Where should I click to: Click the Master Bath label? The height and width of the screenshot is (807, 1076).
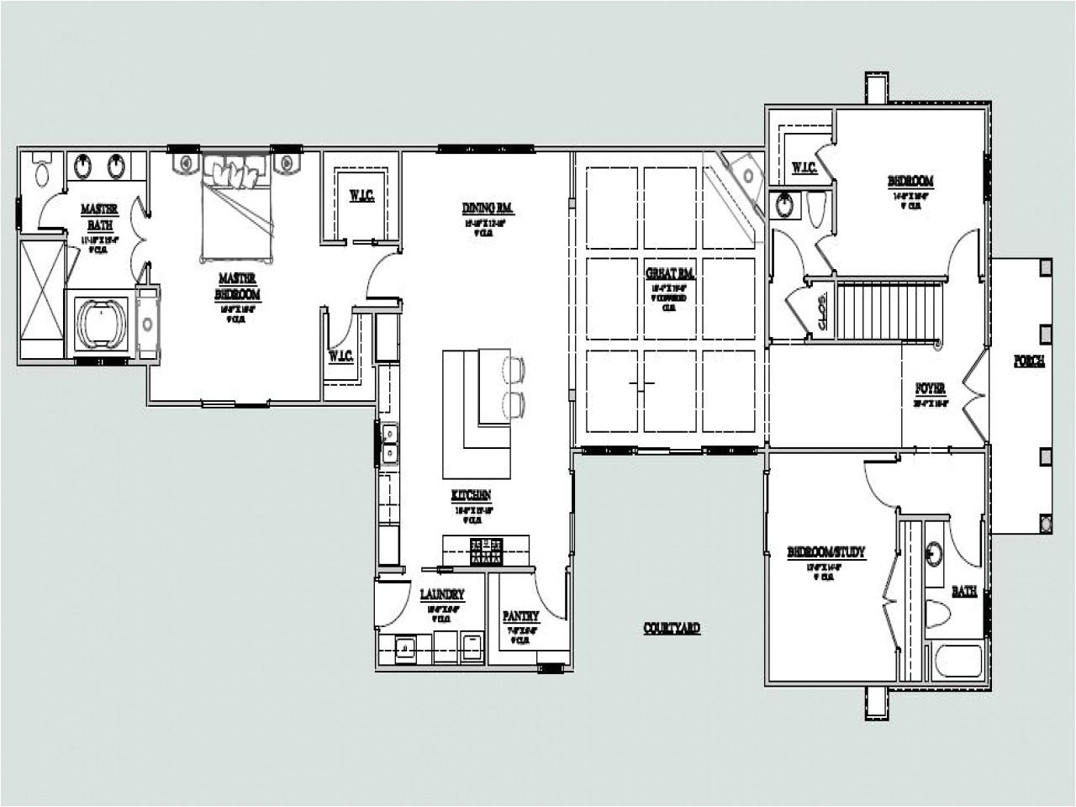(99, 217)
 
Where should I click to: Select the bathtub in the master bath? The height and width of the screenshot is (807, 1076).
(101, 323)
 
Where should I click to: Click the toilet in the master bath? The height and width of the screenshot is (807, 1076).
(41, 171)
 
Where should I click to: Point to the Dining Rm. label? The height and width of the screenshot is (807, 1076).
(488, 208)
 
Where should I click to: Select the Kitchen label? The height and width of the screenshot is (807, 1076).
(471, 496)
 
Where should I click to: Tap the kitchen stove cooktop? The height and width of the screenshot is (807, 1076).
(487, 552)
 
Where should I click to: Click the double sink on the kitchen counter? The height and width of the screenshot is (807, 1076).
(390, 444)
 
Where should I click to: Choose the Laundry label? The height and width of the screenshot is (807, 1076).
(441, 595)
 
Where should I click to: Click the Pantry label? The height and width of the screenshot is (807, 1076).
(520, 616)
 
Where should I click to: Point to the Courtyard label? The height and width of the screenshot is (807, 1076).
(671, 628)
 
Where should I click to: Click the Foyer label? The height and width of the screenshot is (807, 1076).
(931, 389)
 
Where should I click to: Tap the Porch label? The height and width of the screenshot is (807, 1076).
(1029, 361)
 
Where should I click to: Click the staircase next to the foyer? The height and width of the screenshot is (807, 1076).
(888, 311)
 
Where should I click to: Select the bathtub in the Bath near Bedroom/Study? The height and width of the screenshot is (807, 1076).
(958, 660)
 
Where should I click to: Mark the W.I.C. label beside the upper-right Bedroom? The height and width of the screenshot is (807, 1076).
(804, 168)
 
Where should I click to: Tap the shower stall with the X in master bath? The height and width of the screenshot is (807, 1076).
(42, 298)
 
